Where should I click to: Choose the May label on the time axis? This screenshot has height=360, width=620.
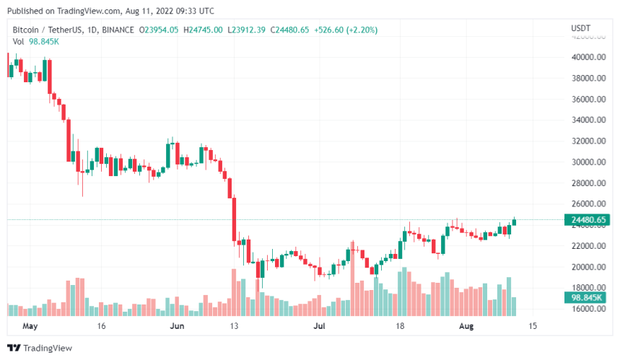point(30,326)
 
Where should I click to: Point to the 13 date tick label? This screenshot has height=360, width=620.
point(234,326)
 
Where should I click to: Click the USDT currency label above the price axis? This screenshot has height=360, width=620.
point(581,28)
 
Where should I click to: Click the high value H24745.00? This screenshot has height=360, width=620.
point(204,30)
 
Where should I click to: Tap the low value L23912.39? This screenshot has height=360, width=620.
point(246,30)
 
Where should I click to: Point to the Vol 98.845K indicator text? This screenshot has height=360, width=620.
point(36,41)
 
